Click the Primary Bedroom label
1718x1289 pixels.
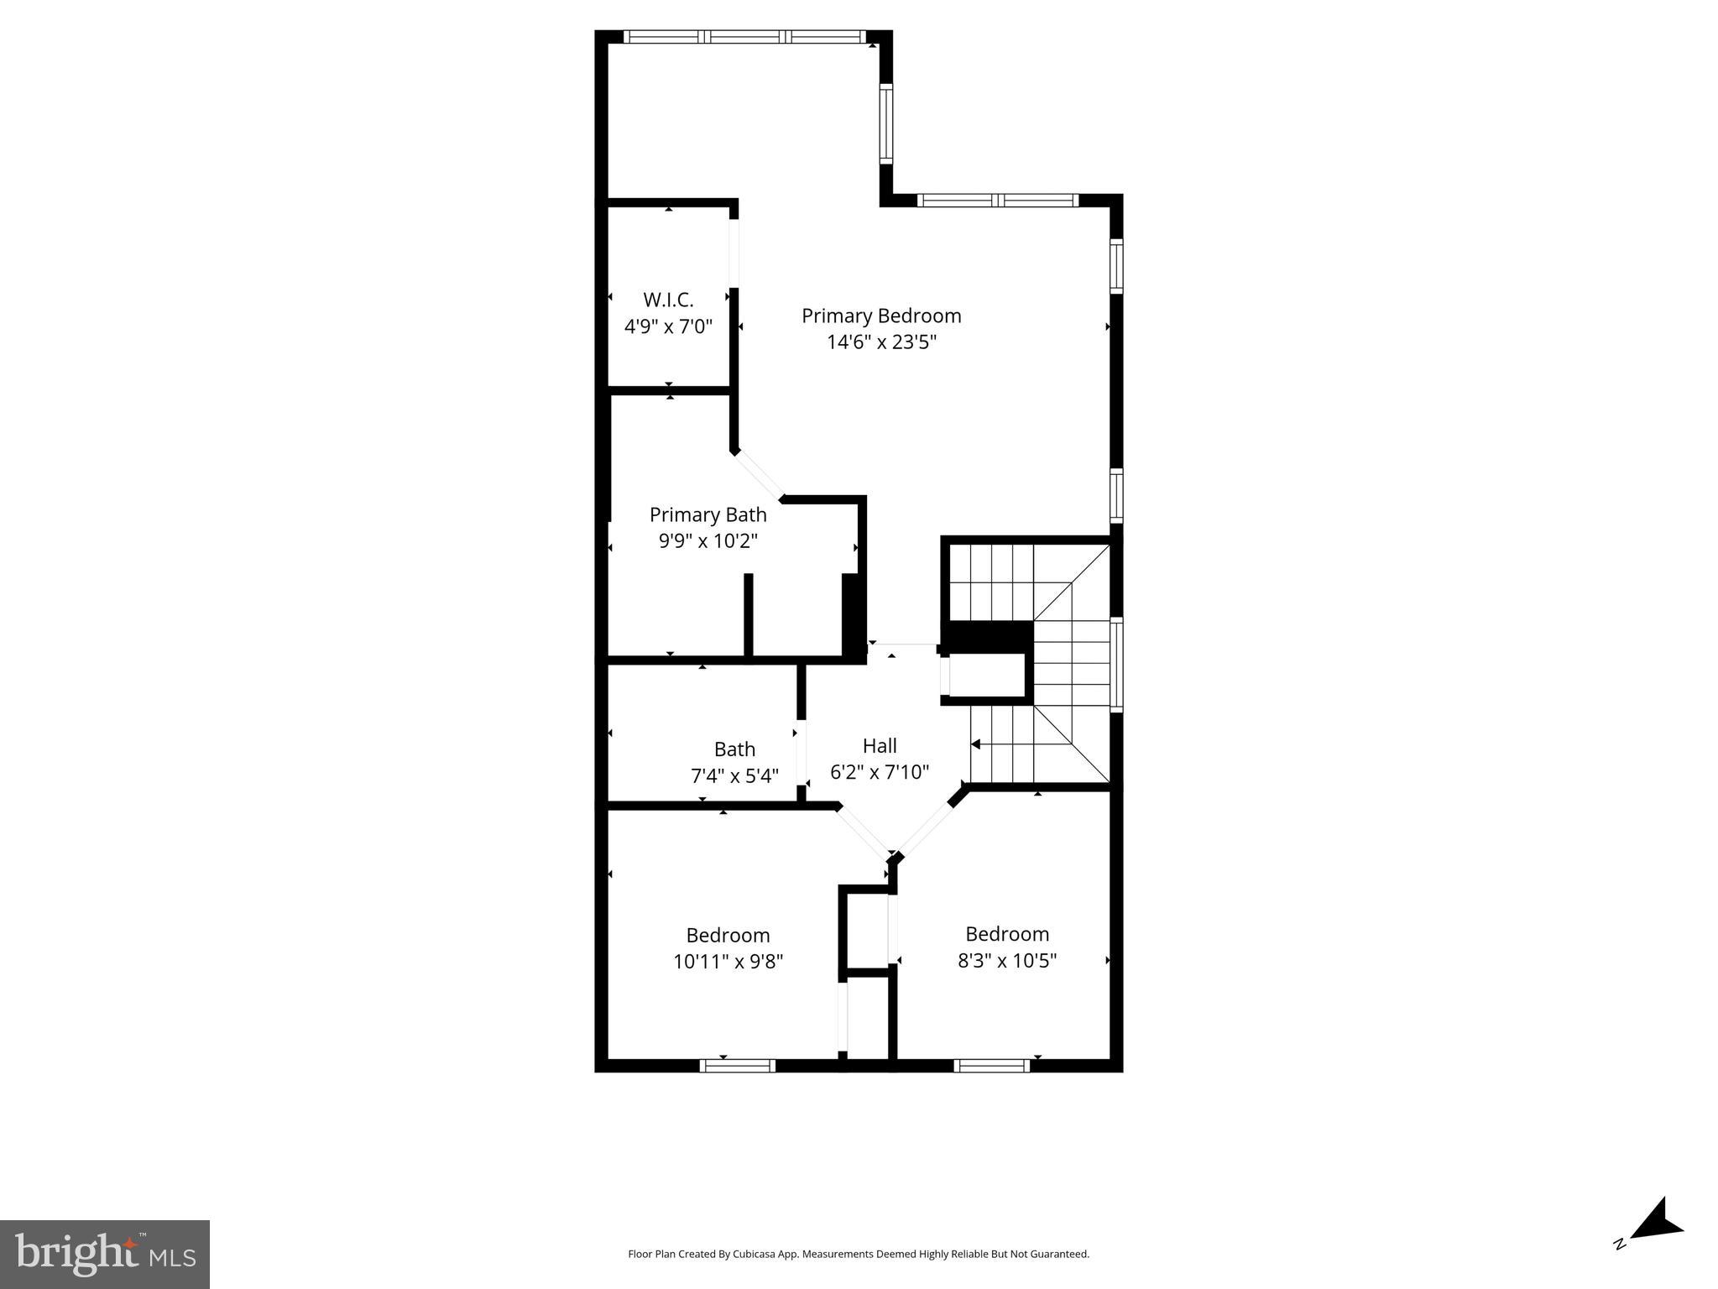click(880, 316)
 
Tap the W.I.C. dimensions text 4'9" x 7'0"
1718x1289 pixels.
click(668, 326)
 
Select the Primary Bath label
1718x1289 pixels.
click(708, 514)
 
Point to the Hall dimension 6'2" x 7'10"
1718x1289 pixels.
click(880, 772)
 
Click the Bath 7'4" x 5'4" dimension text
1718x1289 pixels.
click(734, 776)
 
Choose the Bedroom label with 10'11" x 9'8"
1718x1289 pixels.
click(728, 935)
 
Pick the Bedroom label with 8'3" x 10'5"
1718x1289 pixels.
click(1006, 934)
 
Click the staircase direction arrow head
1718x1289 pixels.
click(976, 744)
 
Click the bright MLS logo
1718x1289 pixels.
click(105, 1254)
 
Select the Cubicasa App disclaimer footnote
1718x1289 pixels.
click(858, 1254)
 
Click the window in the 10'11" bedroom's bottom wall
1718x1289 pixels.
click(737, 1066)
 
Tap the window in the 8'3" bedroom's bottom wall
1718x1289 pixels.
click(991, 1066)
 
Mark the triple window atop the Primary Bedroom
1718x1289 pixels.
click(744, 36)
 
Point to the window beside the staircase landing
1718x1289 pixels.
click(1116, 665)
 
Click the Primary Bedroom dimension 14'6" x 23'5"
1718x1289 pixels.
click(880, 342)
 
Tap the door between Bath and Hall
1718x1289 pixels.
click(802, 752)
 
